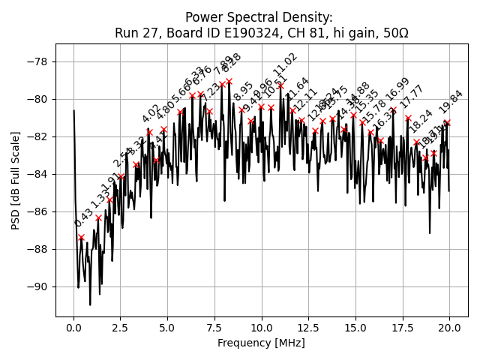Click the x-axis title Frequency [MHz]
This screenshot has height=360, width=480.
point(261,343)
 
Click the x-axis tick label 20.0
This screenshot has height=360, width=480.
point(449,328)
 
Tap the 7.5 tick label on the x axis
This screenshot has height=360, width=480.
point(214,328)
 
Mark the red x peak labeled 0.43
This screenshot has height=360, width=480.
point(81,237)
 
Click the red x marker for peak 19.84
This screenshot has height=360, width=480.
point(447,121)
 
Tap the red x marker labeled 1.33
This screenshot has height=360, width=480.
point(98,217)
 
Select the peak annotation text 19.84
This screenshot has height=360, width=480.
point(451,102)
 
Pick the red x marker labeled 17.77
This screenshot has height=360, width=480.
point(408,118)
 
